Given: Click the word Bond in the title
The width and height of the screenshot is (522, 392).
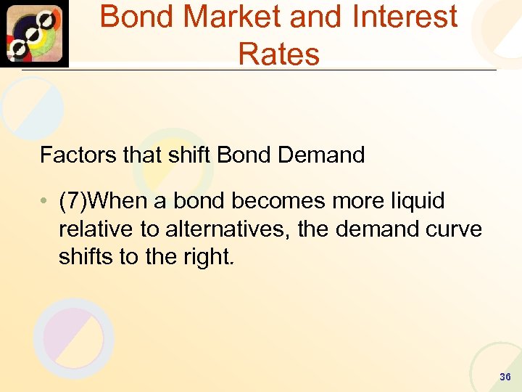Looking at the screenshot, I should [135, 17].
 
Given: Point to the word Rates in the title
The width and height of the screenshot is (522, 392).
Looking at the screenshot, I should [278, 54].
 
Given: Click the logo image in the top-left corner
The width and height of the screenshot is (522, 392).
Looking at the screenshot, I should [34, 33].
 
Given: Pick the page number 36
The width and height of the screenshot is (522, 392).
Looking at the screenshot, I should [505, 377].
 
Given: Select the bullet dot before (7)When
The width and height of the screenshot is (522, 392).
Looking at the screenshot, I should [44, 202].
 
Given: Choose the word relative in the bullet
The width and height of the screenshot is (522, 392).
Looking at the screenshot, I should [96, 229].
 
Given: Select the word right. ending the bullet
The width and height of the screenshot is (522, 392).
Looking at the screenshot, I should [207, 256].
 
